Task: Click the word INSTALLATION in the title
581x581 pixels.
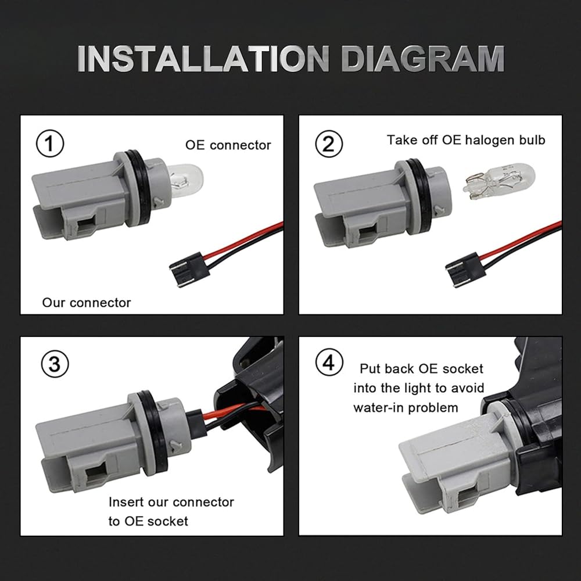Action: pyautogui.click(x=203, y=59)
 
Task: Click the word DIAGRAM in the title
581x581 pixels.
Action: pyautogui.click(x=423, y=59)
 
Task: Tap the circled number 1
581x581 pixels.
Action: pyautogui.click(x=50, y=144)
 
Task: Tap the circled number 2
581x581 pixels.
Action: pyautogui.click(x=329, y=144)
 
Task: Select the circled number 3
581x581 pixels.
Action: pyautogui.click(x=55, y=364)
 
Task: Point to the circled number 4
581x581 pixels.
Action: pyautogui.click(x=329, y=362)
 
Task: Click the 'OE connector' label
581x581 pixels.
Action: pyautogui.click(x=228, y=145)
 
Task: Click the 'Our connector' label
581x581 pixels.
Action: pyautogui.click(x=87, y=302)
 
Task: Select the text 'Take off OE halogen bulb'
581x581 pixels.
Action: pyautogui.click(x=466, y=140)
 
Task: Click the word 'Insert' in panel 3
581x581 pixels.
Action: pyautogui.click(x=125, y=502)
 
